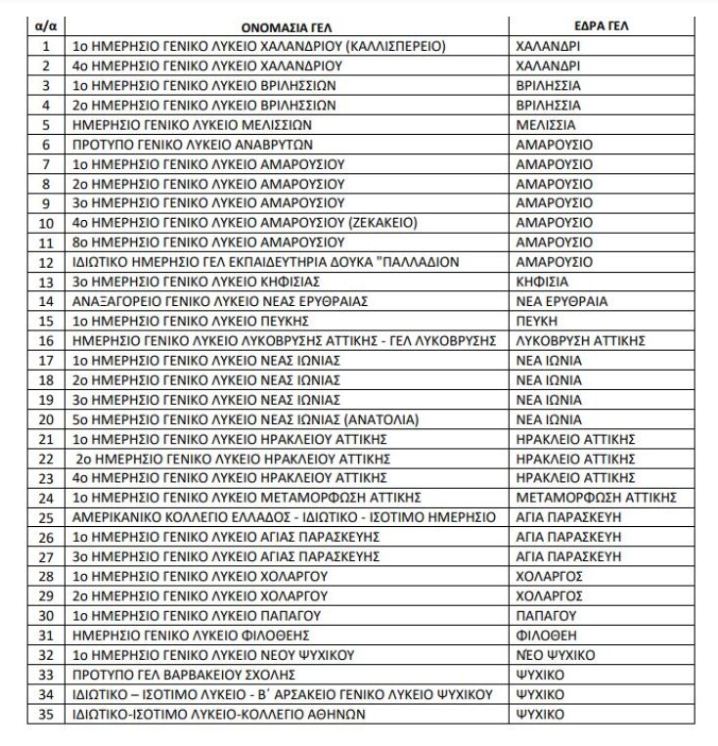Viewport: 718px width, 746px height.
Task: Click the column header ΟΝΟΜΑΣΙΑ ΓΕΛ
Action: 287,26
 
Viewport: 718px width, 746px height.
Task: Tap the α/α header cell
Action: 45,26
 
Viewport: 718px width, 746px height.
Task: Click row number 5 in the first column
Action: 45,125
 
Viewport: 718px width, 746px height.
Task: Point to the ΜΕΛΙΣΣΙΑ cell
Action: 546,125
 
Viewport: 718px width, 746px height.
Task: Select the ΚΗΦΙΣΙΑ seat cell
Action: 541,282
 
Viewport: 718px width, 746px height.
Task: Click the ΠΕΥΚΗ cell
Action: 536,321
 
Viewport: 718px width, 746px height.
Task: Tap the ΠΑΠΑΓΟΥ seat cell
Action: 543,616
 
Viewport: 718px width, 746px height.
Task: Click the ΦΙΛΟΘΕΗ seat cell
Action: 544,636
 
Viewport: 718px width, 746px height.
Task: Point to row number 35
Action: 45,714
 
